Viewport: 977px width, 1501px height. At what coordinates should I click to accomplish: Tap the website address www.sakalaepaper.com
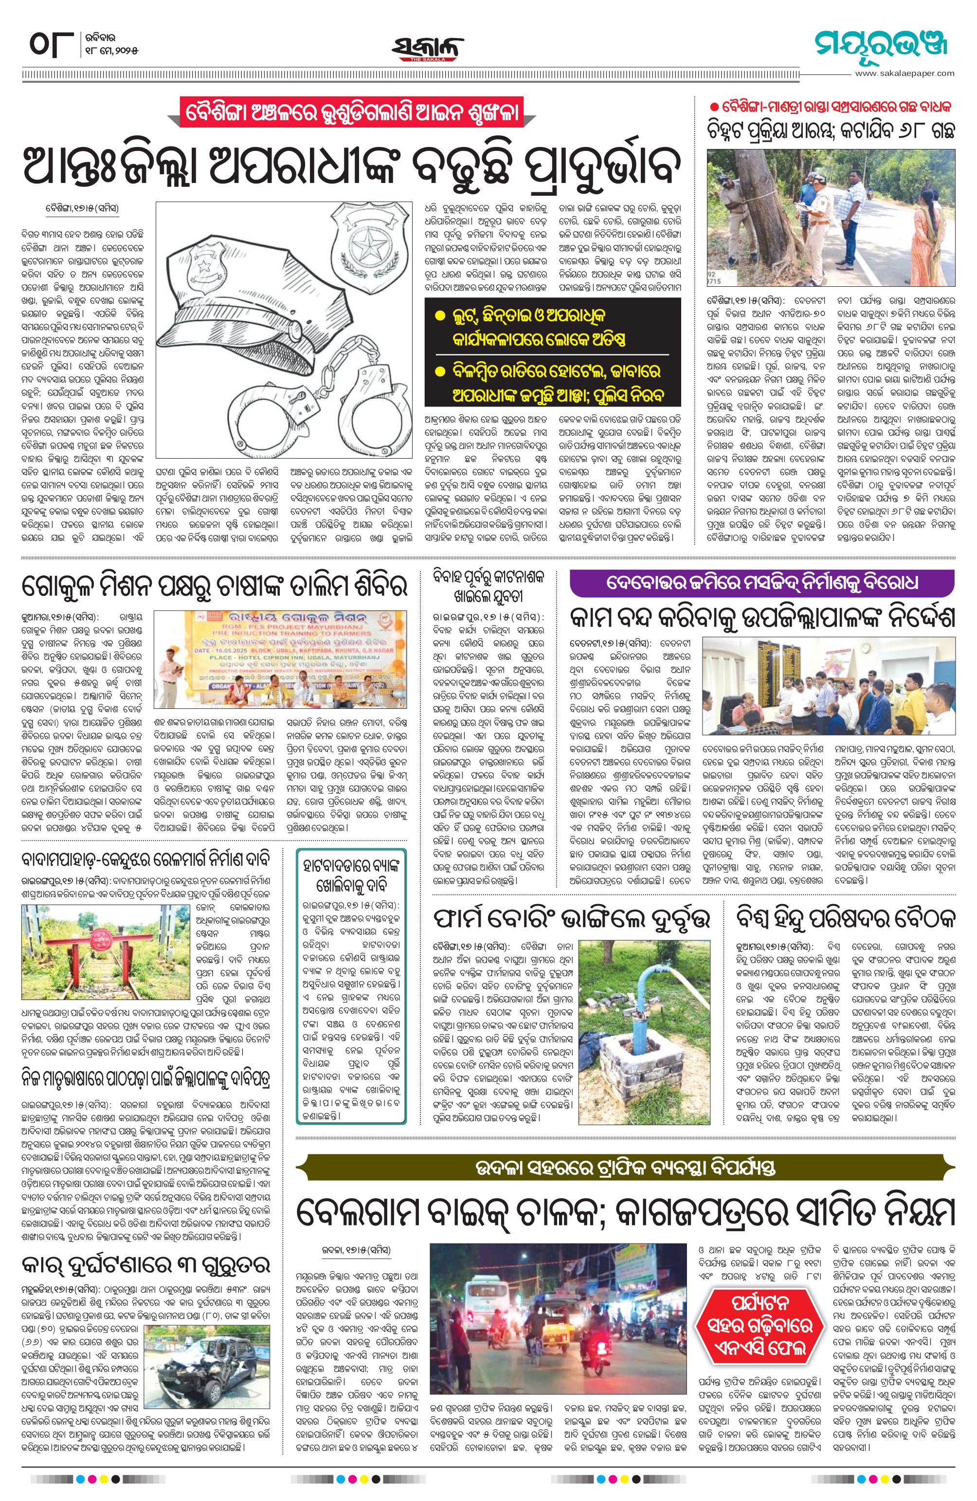click(x=904, y=73)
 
